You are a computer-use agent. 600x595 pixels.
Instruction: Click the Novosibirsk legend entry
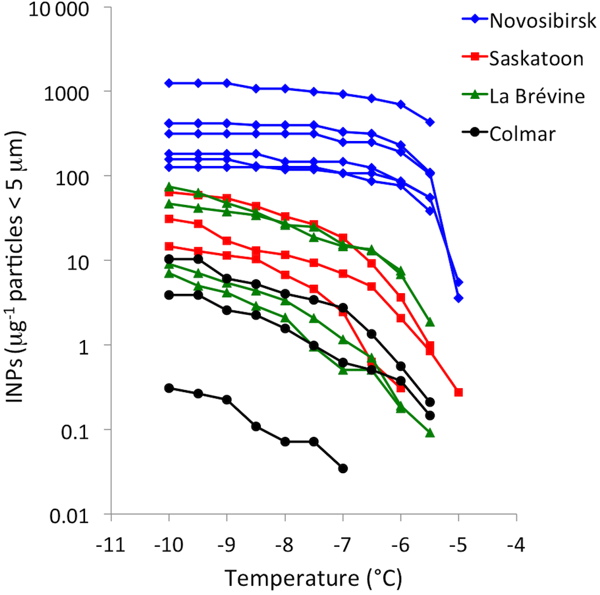tap(542, 20)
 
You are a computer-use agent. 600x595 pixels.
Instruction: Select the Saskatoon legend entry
tap(536, 58)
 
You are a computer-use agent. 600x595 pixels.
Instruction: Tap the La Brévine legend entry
tap(537, 96)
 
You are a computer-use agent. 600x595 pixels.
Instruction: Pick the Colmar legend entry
tap(523, 134)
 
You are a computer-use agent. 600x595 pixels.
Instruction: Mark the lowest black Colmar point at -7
tap(342, 468)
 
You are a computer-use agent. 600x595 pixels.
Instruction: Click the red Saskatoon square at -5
tap(458, 392)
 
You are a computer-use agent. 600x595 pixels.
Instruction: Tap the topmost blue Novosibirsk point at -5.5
tap(429, 122)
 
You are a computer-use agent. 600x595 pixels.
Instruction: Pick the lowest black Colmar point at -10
tap(169, 388)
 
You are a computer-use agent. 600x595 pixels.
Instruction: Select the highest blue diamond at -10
tap(169, 83)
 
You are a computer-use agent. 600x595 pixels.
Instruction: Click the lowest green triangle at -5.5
tap(429, 433)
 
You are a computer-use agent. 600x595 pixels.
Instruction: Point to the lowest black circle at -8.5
tap(256, 426)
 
